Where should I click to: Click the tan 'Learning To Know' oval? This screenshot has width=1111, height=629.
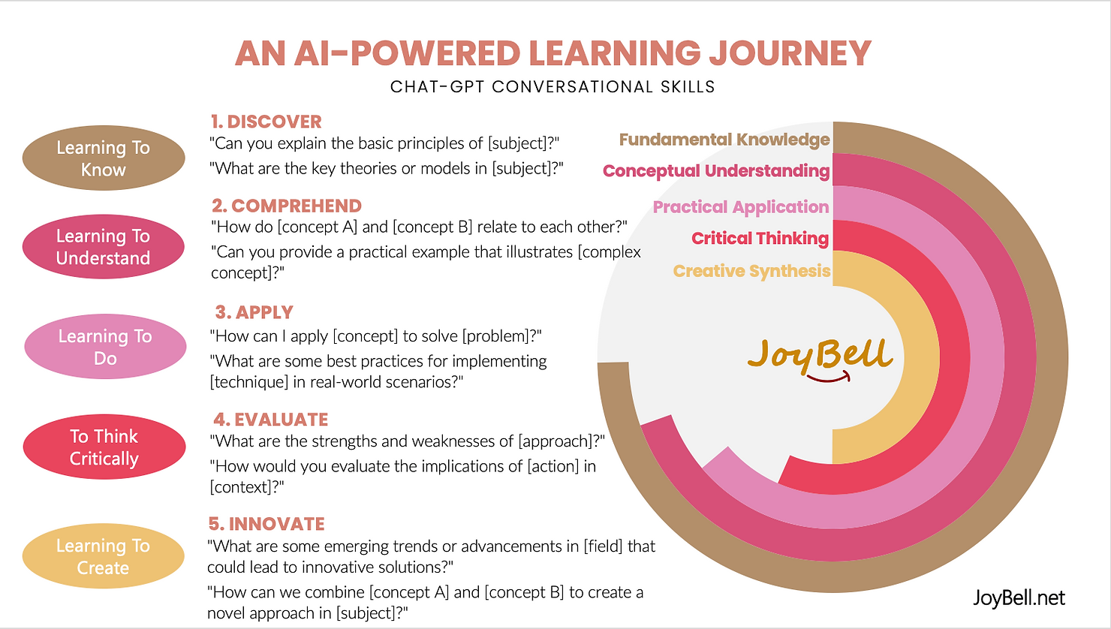point(104,158)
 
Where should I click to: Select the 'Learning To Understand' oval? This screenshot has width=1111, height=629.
point(103,246)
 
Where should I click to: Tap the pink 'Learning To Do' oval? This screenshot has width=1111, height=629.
point(105,346)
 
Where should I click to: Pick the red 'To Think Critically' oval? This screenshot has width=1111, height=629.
point(104,447)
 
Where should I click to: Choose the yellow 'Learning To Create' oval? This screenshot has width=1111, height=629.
point(103,556)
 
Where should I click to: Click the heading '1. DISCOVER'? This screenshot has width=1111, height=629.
point(266,122)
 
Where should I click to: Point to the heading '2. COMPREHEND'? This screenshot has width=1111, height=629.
point(287,206)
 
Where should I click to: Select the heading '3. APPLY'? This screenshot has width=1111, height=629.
point(254,312)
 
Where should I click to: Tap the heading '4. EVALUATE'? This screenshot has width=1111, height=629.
point(271,420)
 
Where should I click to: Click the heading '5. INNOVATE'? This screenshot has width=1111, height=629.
point(266,524)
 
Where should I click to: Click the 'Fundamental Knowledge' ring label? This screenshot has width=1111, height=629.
point(724,140)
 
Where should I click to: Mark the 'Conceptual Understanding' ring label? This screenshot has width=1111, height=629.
point(716,171)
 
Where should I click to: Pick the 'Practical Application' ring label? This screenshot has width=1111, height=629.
point(740,207)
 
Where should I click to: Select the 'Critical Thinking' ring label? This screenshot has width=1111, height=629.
point(760,239)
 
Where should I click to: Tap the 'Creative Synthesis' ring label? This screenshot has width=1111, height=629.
point(751,272)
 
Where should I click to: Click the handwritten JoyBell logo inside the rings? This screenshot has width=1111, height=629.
point(820,359)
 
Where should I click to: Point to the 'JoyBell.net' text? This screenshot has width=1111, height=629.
point(1019,598)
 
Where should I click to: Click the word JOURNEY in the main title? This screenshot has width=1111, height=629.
point(790,53)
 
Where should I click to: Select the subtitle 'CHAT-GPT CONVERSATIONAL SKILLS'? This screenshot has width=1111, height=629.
point(552,87)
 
